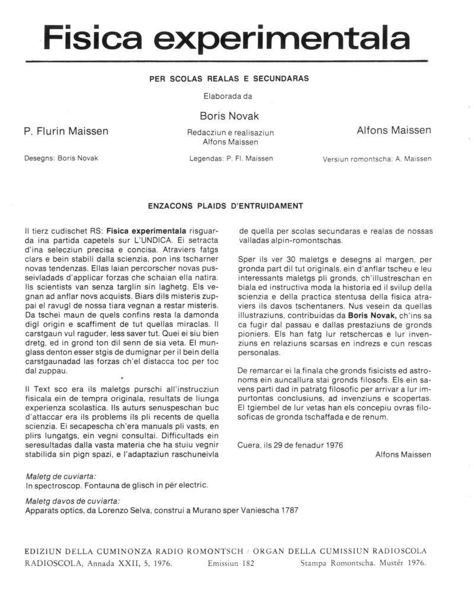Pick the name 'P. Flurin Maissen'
coord(66,131)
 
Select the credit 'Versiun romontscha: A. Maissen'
coord(377,159)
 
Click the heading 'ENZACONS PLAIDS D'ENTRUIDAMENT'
coord(225,206)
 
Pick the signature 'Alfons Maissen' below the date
coord(403,454)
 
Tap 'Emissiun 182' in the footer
coord(231,563)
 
